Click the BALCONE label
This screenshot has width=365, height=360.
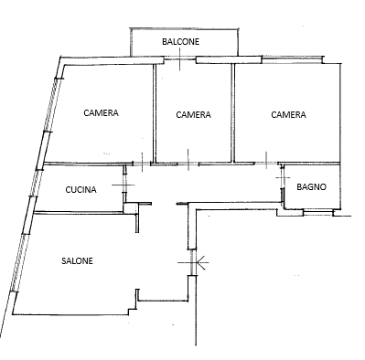(x=180, y=42)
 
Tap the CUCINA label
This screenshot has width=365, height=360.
(x=81, y=190)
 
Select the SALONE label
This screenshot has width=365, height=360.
(x=77, y=261)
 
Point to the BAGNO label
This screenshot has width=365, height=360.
(x=311, y=186)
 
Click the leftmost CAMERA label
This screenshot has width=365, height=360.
(x=101, y=113)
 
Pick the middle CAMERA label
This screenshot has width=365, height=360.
(x=193, y=115)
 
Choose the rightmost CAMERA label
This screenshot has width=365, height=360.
(x=288, y=115)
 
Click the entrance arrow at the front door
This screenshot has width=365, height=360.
(x=202, y=262)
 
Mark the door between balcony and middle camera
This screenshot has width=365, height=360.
(x=180, y=58)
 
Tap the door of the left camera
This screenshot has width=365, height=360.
(x=142, y=164)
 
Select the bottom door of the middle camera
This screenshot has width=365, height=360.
(x=188, y=164)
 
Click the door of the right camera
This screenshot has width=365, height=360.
(x=266, y=164)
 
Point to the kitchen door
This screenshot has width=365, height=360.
(x=123, y=185)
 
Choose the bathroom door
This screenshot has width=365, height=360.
(x=283, y=177)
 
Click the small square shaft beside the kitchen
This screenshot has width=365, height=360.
(x=131, y=208)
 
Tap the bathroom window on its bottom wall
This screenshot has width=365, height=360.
(x=317, y=212)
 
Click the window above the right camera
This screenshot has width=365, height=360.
(x=292, y=59)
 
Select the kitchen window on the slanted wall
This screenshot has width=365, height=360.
(x=34, y=183)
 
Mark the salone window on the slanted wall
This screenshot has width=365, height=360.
(x=17, y=262)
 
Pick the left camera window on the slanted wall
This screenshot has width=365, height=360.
(x=50, y=105)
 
